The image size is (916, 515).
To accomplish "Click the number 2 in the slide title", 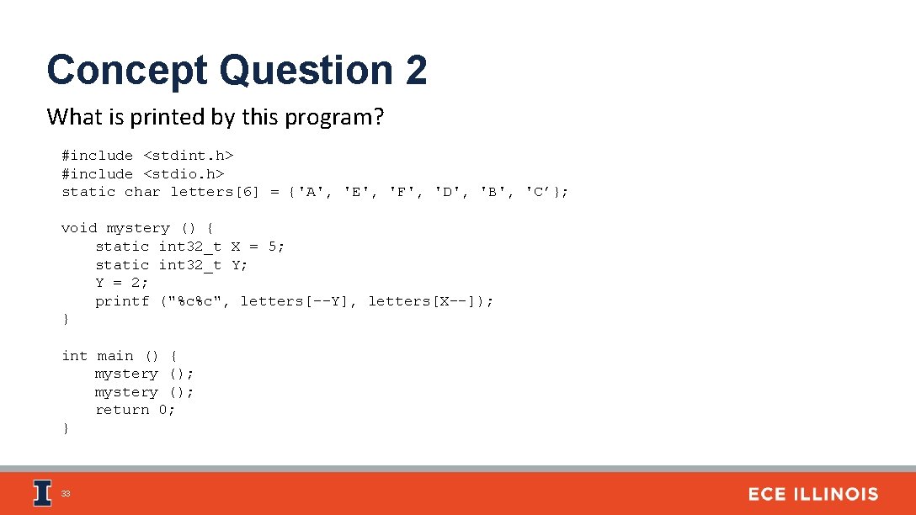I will [x=416, y=70].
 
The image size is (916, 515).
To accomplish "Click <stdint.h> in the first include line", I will [x=188, y=156].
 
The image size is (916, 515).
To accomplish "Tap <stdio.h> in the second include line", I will [x=184, y=174].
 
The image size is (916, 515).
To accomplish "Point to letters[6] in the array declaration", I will [x=215, y=192].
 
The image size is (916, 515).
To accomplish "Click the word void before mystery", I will [x=79, y=228].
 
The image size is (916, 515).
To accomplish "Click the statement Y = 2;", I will [x=122, y=283].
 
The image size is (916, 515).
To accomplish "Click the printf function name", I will [x=122, y=301].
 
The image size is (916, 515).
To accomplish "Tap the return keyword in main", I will [x=122, y=410].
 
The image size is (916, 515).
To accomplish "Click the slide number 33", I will [x=66, y=494].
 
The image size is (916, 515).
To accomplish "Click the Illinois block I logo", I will [x=41, y=493].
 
